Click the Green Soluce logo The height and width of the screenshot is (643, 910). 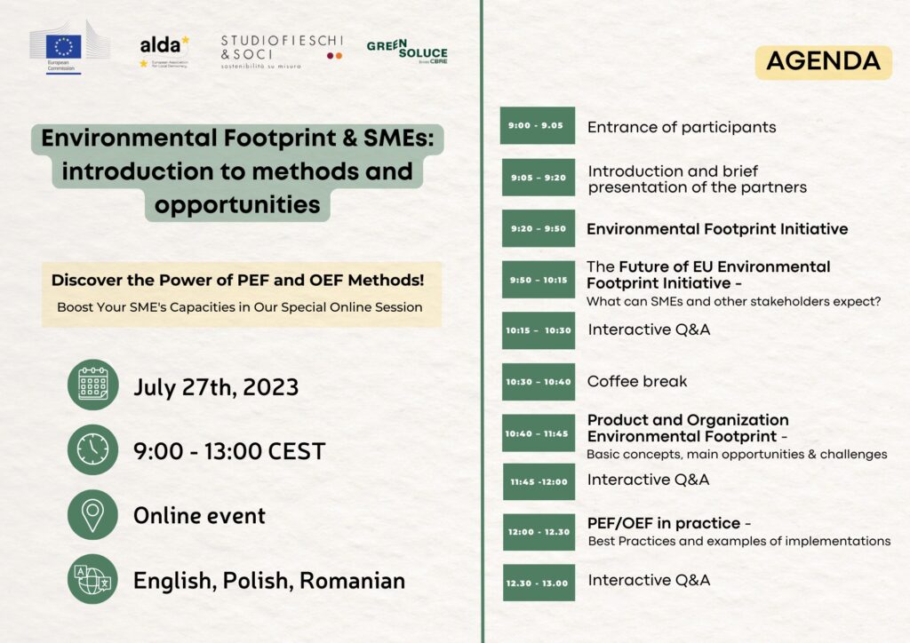tap(407, 52)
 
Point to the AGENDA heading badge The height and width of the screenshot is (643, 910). tap(823, 62)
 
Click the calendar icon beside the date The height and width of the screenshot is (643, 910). tap(92, 385)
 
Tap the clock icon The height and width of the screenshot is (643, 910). tap(92, 449)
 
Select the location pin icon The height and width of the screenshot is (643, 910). tap(92, 514)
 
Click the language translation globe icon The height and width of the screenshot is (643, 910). tap(92, 579)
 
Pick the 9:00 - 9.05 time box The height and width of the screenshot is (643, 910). tap(538, 125)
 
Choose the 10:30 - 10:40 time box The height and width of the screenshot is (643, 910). tap(539, 382)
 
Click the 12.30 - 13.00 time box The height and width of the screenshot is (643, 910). tap(539, 583)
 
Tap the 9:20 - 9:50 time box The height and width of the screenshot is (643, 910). tap(539, 228)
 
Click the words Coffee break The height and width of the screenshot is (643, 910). tap(637, 382)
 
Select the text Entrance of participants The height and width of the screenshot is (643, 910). tap(682, 128)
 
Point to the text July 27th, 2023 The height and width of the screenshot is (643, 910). tap(216, 387)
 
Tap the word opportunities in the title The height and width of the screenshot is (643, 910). tap(237, 204)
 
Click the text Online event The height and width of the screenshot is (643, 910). tap(200, 515)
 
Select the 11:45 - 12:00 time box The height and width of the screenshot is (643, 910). tap(539, 481)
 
